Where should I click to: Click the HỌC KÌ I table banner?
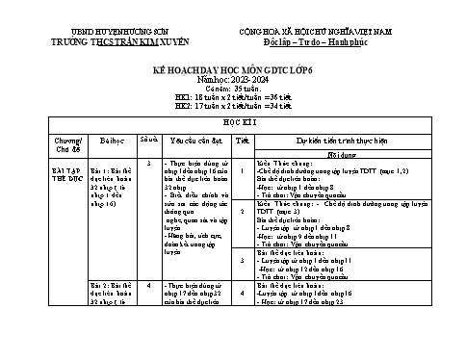233,125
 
